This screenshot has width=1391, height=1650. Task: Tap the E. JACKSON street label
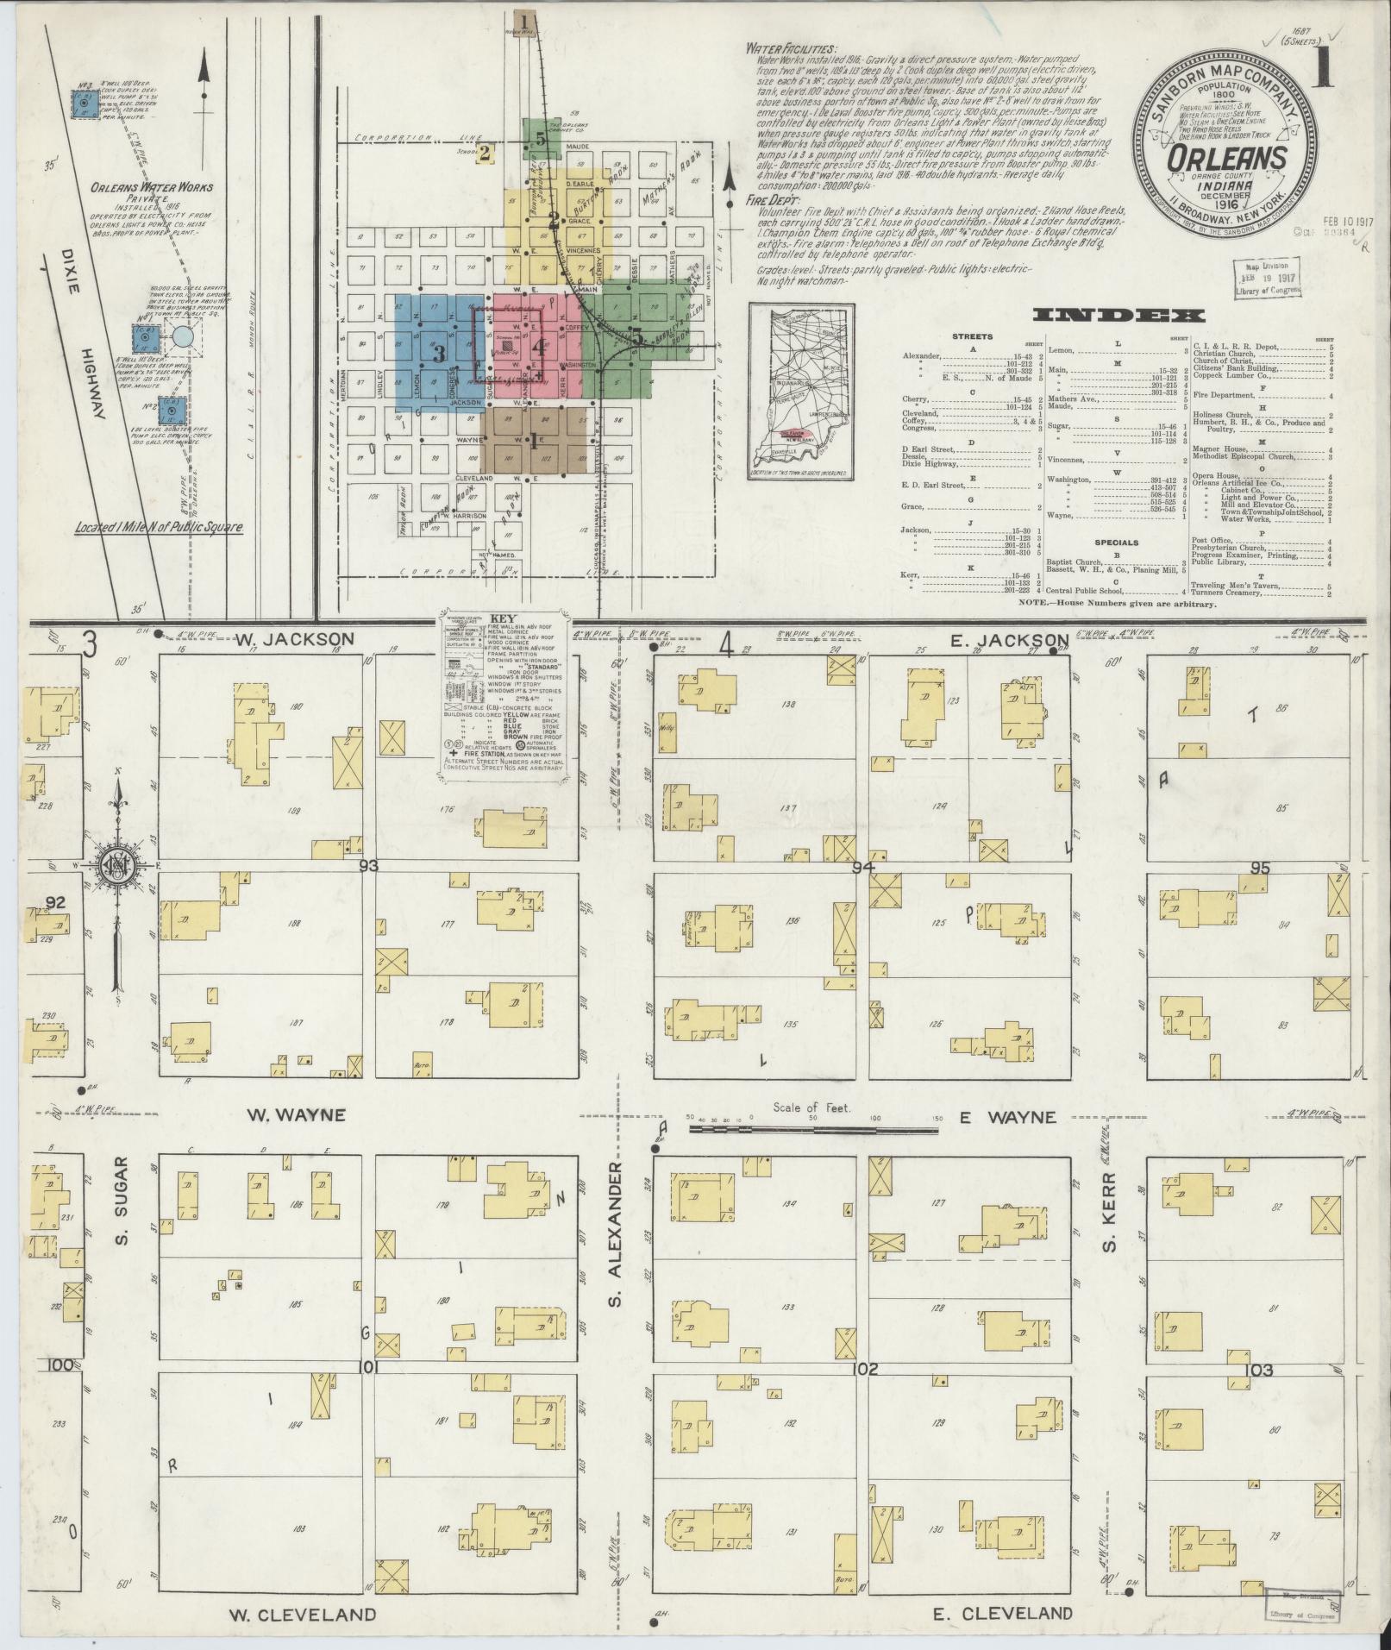(x=1008, y=639)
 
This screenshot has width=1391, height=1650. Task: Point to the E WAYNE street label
(x=1007, y=1117)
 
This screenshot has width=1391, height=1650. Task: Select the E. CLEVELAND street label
(x=1003, y=1613)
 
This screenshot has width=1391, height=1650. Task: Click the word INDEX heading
(x=1119, y=316)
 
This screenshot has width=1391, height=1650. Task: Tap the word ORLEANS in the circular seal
(x=1228, y=158)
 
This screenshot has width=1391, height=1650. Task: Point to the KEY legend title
(x=501, y=618)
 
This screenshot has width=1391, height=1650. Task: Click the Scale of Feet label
(x=811, y=1107)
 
